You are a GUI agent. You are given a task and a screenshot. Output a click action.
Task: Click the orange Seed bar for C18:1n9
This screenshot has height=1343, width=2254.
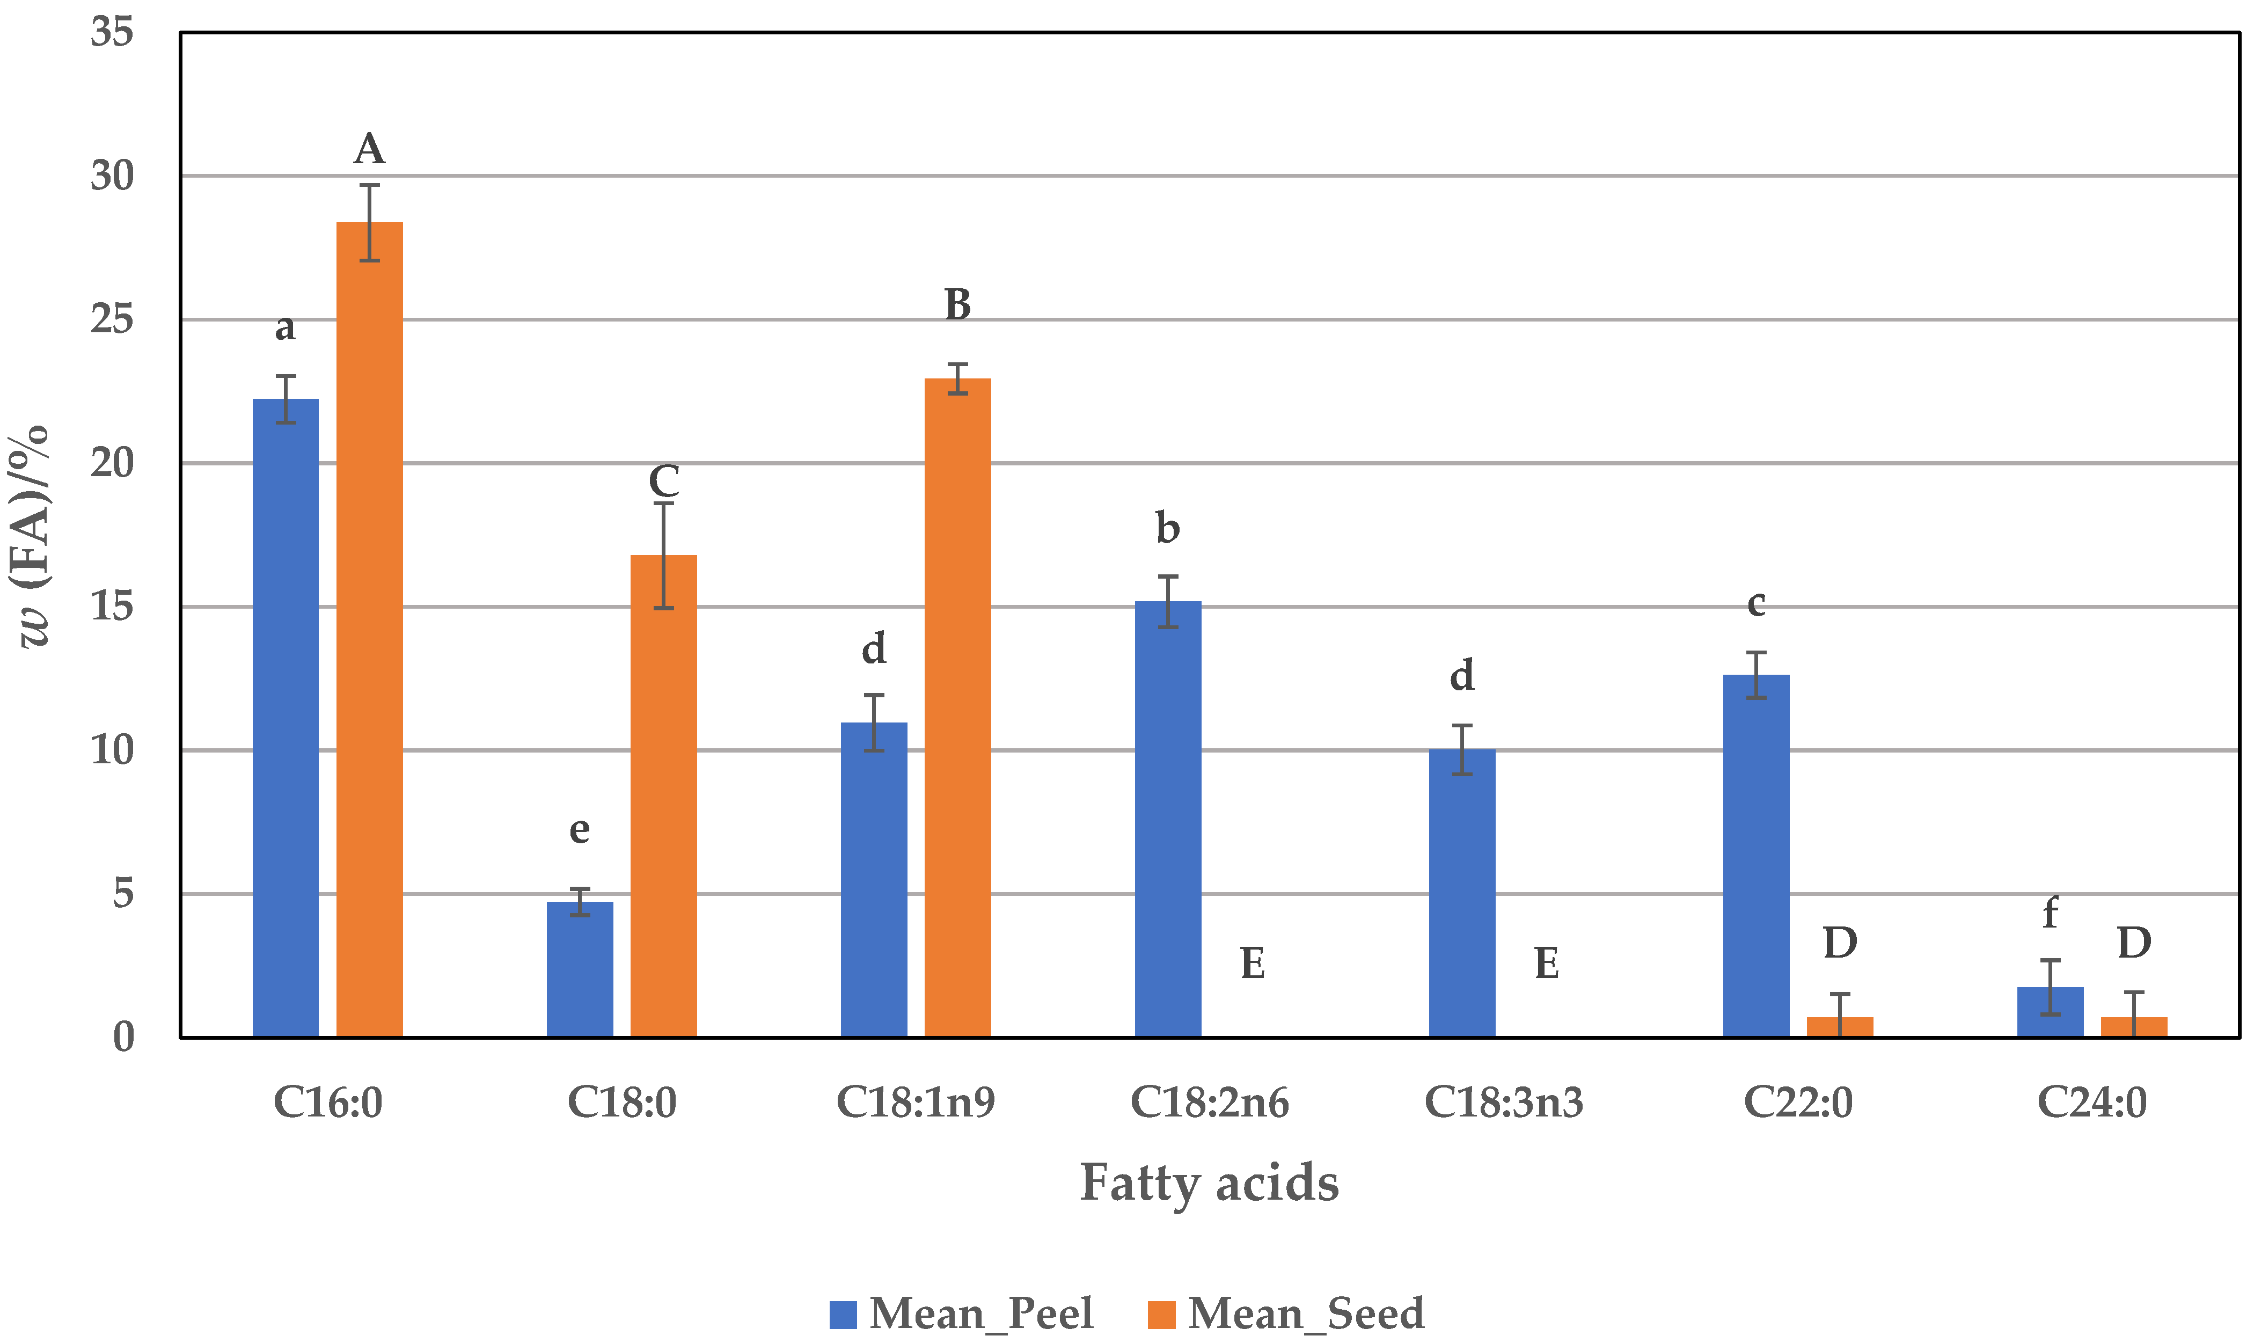tap(957, 707)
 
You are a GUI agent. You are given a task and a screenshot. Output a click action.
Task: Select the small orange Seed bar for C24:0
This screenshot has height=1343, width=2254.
tap(2134, 1027)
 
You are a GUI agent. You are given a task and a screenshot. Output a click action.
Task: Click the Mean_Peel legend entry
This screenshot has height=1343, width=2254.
tap(962, 1313)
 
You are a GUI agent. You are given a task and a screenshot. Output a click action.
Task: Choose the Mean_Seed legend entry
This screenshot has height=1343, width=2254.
tap(1286, 1313)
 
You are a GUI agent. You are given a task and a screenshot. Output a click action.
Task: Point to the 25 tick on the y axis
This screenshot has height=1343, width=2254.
tap(112, 319)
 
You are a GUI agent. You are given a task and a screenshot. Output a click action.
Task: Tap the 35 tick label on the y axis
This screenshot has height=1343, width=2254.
tap(112, 33)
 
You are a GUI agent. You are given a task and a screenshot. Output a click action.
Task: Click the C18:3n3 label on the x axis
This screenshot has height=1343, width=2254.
tap(1504, 1103)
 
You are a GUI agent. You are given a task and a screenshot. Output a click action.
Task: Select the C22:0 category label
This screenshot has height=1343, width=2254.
tap(1798, 1103)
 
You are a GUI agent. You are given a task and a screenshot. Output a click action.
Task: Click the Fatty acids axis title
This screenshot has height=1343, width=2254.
tap(1209, 1183)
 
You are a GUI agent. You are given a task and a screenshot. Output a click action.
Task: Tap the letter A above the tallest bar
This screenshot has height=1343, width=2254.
tap(369, 149)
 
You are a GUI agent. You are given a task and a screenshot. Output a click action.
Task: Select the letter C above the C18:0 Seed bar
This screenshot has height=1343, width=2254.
tap(663, 480)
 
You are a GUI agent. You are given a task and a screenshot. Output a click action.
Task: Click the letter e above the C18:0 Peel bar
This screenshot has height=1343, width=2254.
tap(579, 829)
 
